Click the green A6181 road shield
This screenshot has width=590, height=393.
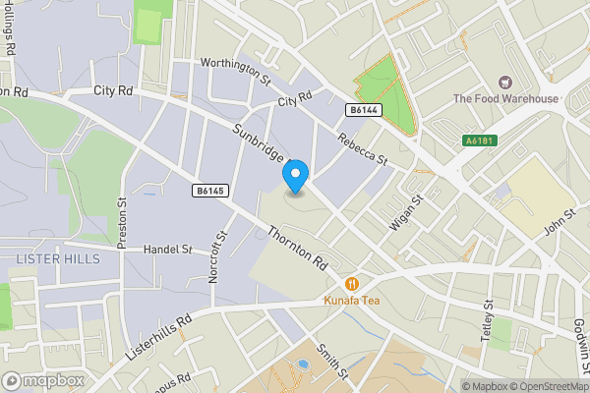tap(479, 141)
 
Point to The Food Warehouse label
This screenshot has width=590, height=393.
tap(505, 98)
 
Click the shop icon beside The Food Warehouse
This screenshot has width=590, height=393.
tap(505, 83)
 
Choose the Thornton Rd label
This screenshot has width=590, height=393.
tap(296, 249)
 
